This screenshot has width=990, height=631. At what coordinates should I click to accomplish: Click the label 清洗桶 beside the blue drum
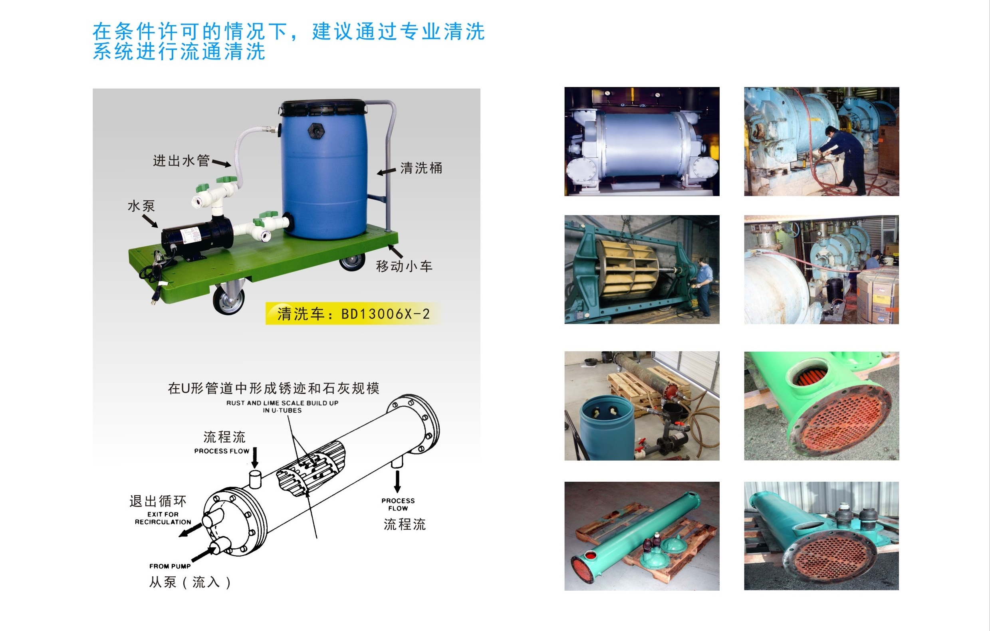(x=421, y=168)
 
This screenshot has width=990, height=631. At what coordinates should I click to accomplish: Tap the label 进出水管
(x=181, y=160)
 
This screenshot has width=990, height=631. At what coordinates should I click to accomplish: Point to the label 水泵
(x=141, y=206)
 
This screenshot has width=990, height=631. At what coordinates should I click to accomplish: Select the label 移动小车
(x=404, y=266)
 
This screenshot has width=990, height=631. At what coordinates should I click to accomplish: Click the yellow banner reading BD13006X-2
(x=353, y=314)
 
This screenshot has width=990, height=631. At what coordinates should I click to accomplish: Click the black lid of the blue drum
(x=322, y=108)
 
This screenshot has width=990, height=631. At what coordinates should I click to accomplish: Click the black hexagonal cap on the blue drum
(x=316, y=130)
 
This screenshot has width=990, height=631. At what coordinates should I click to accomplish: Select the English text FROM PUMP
(x=170, y=566)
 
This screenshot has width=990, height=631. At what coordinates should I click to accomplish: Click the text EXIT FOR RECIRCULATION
(x=163, y=518)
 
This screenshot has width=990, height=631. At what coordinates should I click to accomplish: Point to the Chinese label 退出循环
(x=158, y=501)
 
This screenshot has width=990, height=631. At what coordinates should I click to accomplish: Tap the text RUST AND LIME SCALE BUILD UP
(x=282, y=403)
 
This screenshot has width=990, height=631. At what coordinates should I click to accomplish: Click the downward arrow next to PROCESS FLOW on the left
(x=255, y=457)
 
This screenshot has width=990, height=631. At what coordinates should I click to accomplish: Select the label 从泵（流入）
(x=190, y=582)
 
